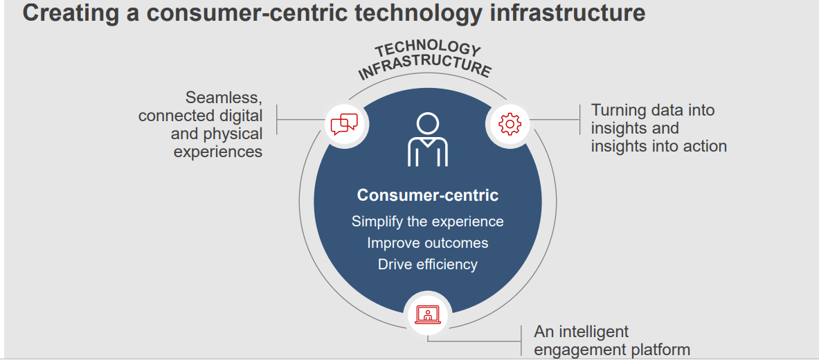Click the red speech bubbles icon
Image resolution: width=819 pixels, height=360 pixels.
(x=344, y=125)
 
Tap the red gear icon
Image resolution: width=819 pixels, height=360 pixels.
(x=510, y=124)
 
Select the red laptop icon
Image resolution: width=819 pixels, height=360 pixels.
(x=428, y=314)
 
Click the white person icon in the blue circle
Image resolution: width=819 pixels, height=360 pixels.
(x=428, y=140)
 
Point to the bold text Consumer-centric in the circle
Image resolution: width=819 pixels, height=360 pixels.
(x=428, y=195)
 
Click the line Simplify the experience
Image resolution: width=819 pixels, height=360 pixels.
(x=428, y=222)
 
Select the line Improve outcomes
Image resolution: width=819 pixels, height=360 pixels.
(x=428, y=243)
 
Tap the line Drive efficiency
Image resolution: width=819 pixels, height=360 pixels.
(x=428, y=264)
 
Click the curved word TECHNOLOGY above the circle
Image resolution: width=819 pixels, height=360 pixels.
(x=426, y=51)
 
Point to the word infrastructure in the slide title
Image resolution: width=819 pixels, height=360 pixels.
(x=567, y=13)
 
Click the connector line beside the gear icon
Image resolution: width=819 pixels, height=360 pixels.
(x=555, y=120)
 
